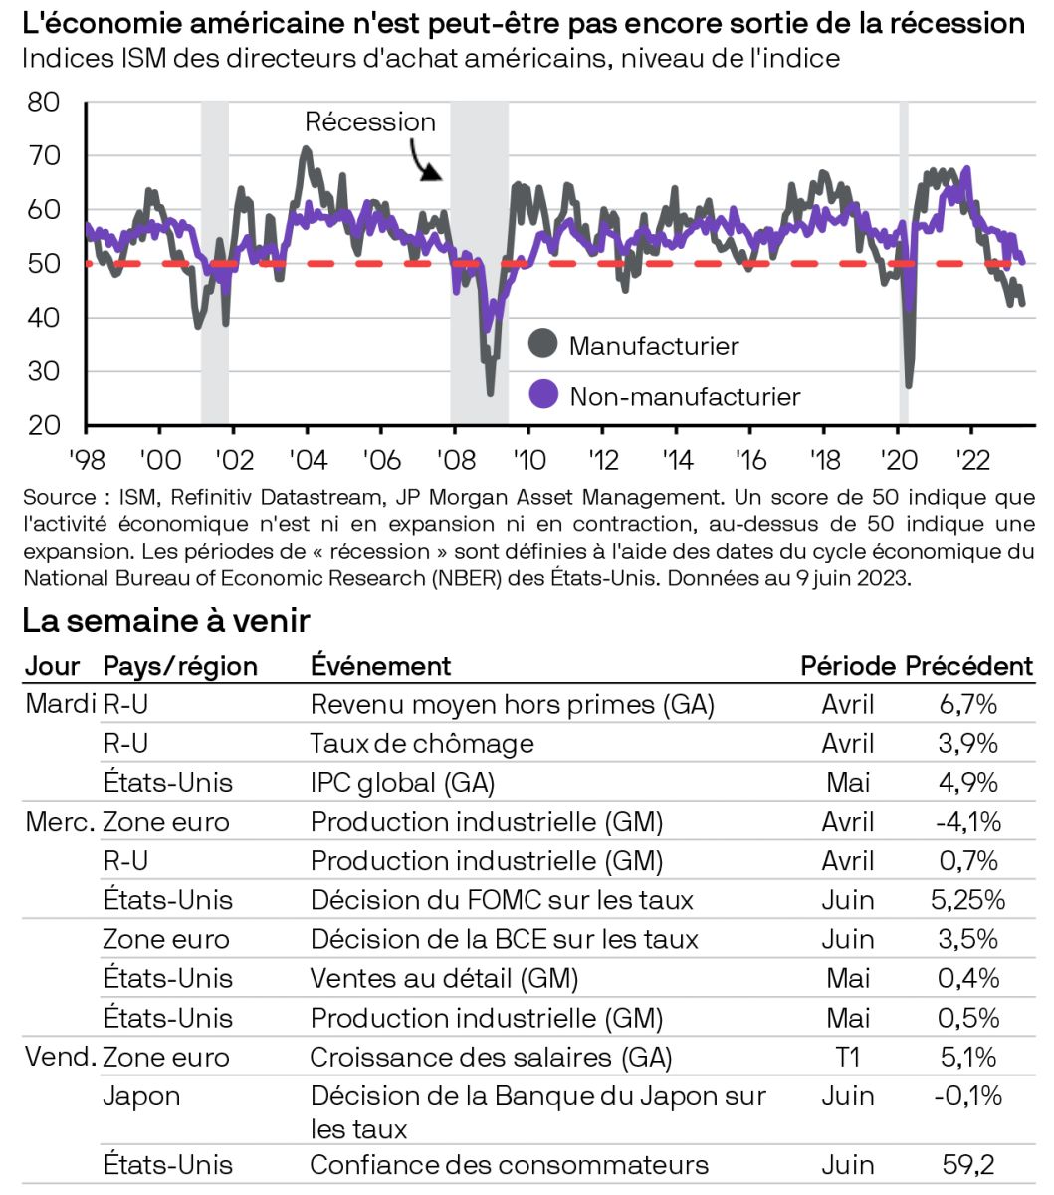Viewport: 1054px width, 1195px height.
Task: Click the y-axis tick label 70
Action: (44, 156)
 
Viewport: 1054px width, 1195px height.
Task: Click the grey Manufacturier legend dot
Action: (542, 344)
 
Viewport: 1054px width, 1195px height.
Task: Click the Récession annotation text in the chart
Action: (369, 122)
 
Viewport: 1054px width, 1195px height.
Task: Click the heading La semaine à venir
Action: (165, 621)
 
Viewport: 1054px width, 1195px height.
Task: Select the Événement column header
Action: (380, 666)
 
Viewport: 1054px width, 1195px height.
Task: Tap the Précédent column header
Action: (968, 666)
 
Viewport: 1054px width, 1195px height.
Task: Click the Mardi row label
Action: (60, 704)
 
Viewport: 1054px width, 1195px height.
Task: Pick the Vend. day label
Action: (60, 1057)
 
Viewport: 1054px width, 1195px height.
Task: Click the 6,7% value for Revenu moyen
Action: (967, 705)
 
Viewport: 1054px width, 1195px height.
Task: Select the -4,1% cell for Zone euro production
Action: (967, 822)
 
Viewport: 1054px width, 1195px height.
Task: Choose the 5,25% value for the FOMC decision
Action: (967, 900)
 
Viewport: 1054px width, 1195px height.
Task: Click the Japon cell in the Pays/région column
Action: (141, 1096)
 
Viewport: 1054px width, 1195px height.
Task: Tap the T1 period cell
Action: (847, 1057)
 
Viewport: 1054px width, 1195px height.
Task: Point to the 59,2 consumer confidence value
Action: (967, 1165)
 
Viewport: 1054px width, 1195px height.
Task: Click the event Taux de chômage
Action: (422, 744)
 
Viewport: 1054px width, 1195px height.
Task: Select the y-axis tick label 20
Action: (44, 426)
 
